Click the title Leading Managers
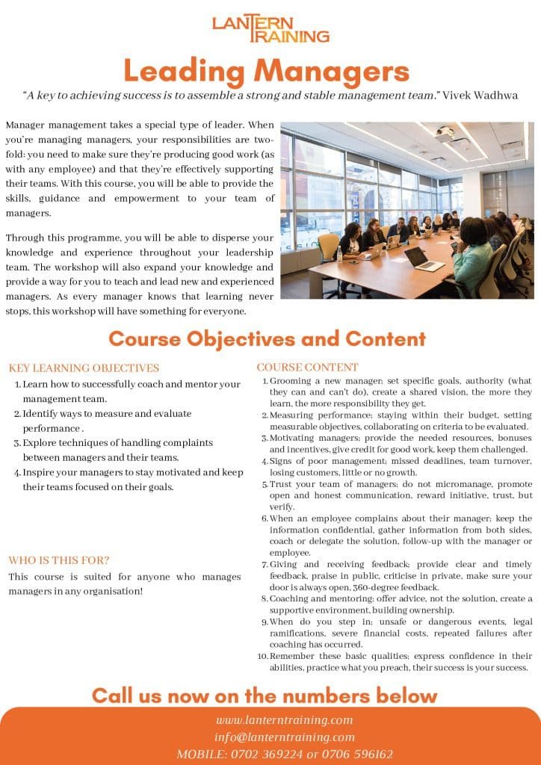pyautogui.click(x=266, y=72)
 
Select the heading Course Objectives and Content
pyautogui.click(x=267, y=338)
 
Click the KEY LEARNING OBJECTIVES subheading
pyautogui.click(x=84, y=368)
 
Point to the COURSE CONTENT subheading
pyautogui.click(x=307, y=367)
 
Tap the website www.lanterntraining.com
pyautogui.click(x=284, y=720)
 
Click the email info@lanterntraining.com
pyautogui.click(x=283, y=737)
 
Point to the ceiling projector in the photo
pyautogui.click(x=447, y=134)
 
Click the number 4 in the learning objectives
pyautogui.click(x=17, y=473)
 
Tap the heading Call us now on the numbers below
pyautogui.click(x=265, y=696)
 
